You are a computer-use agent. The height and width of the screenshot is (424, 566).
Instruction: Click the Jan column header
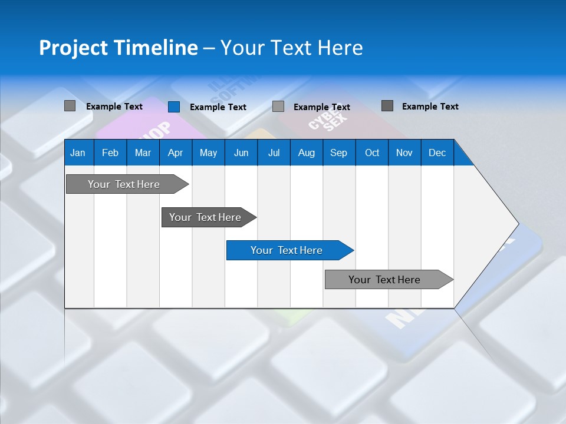tap(78, 153)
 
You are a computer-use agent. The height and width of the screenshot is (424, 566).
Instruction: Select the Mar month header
tap(143, 153)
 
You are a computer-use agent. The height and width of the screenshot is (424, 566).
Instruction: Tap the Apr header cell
tap(175, 153)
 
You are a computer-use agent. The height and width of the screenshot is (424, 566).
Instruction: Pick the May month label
tap(208, 153)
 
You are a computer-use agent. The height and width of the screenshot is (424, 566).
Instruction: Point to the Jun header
tap(241, 153)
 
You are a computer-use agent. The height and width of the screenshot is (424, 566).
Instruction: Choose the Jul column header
tap(274, 153)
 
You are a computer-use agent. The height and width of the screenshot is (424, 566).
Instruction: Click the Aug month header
tap(306, 153)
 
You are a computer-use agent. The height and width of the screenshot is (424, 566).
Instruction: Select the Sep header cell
tap(338, 153)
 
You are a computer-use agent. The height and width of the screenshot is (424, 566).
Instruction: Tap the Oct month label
tap(372, 153)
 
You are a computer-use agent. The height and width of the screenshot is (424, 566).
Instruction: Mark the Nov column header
tap(404, 153)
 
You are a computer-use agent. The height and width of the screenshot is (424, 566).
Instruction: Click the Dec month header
tap(437, 153)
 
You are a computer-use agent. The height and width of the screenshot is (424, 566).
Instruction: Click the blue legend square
tap(174, 107)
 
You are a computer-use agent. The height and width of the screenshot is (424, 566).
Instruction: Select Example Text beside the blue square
tap(218, 107)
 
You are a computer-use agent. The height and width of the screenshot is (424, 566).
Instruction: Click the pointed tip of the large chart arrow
tap(516, 224)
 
